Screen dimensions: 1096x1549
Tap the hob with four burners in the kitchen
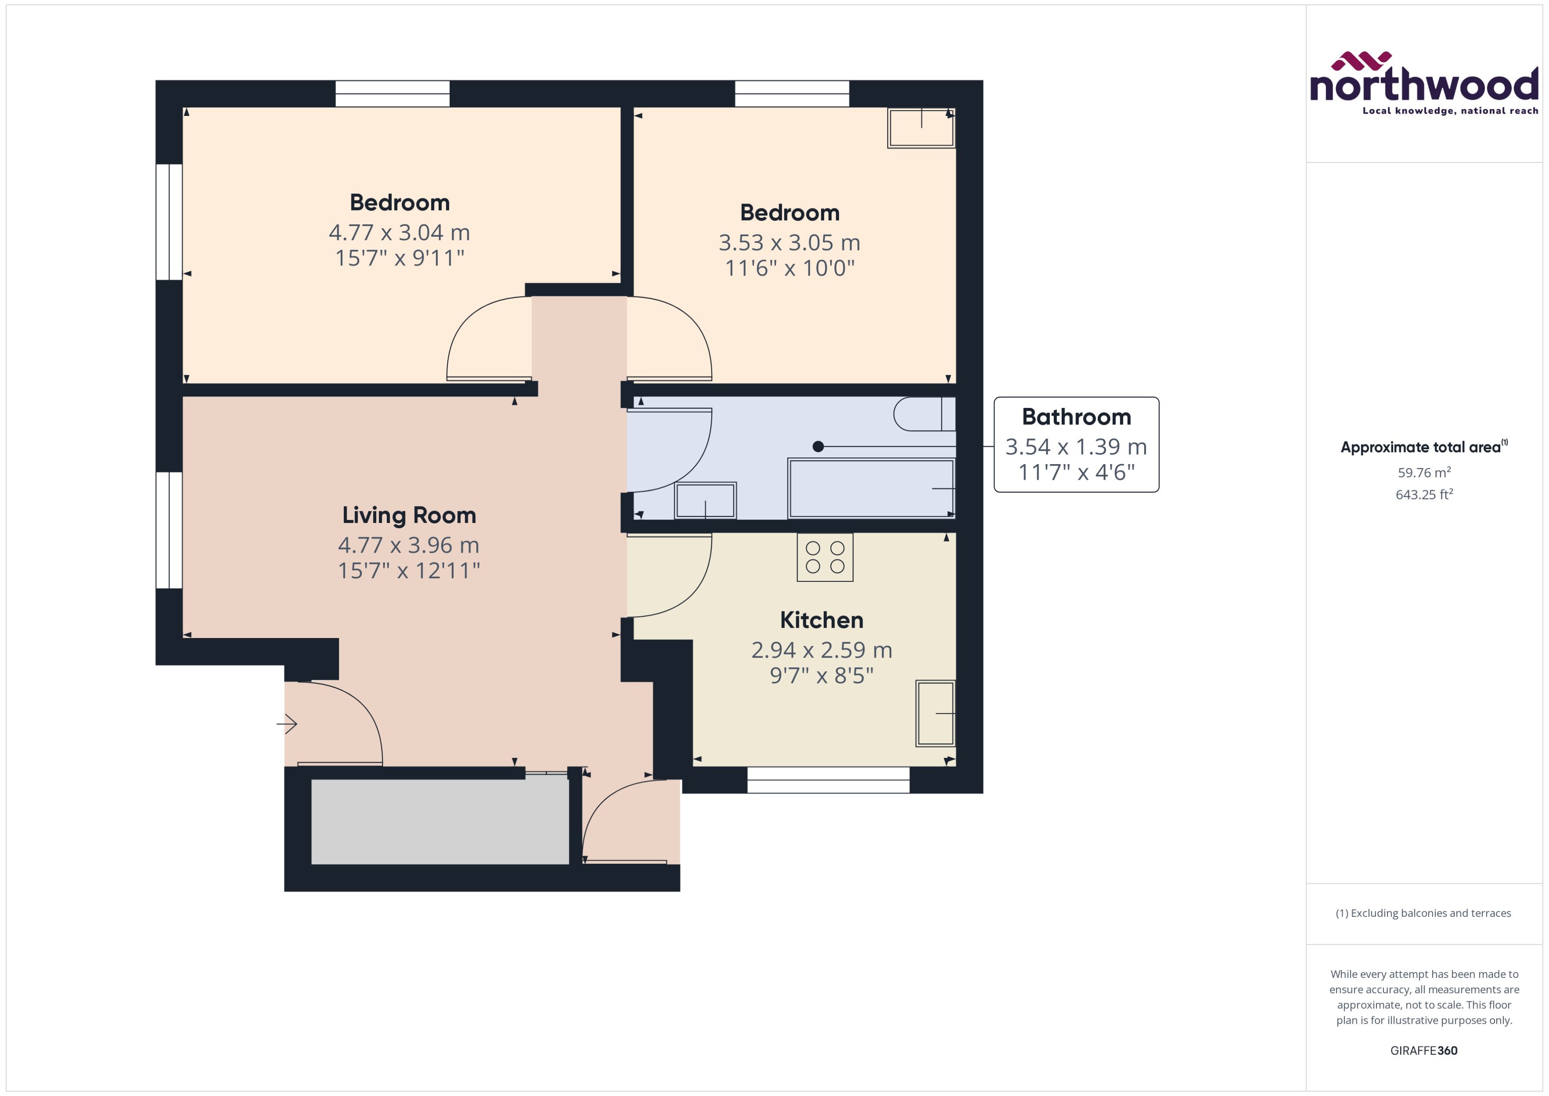tap(825, 558)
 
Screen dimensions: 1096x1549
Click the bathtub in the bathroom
tap(871, 488)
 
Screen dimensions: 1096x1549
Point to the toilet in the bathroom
tap(923, 415)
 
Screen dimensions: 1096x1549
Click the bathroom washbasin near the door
tap(705, 501)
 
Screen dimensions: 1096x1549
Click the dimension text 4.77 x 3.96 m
tap(408, 545)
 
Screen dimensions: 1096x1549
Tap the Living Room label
tap(409, 515)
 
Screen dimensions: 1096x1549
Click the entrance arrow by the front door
tap(287, 724)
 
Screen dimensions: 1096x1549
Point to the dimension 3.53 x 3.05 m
tap(789, 242)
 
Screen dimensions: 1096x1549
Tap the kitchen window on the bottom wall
tap(828, 780)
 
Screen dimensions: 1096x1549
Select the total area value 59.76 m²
tap(1423, 473)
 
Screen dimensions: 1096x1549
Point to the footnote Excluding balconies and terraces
tap(1423, 913)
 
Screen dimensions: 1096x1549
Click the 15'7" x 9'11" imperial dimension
tap(400, 258)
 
